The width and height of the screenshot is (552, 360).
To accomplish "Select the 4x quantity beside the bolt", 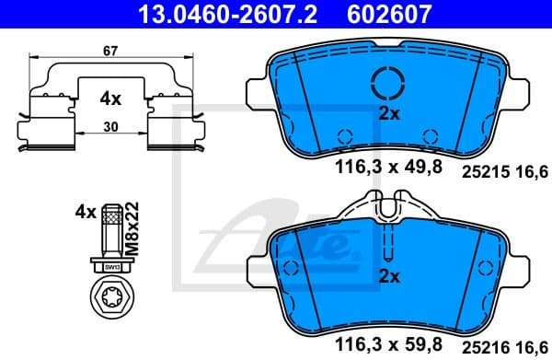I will (x=86, y=213).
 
